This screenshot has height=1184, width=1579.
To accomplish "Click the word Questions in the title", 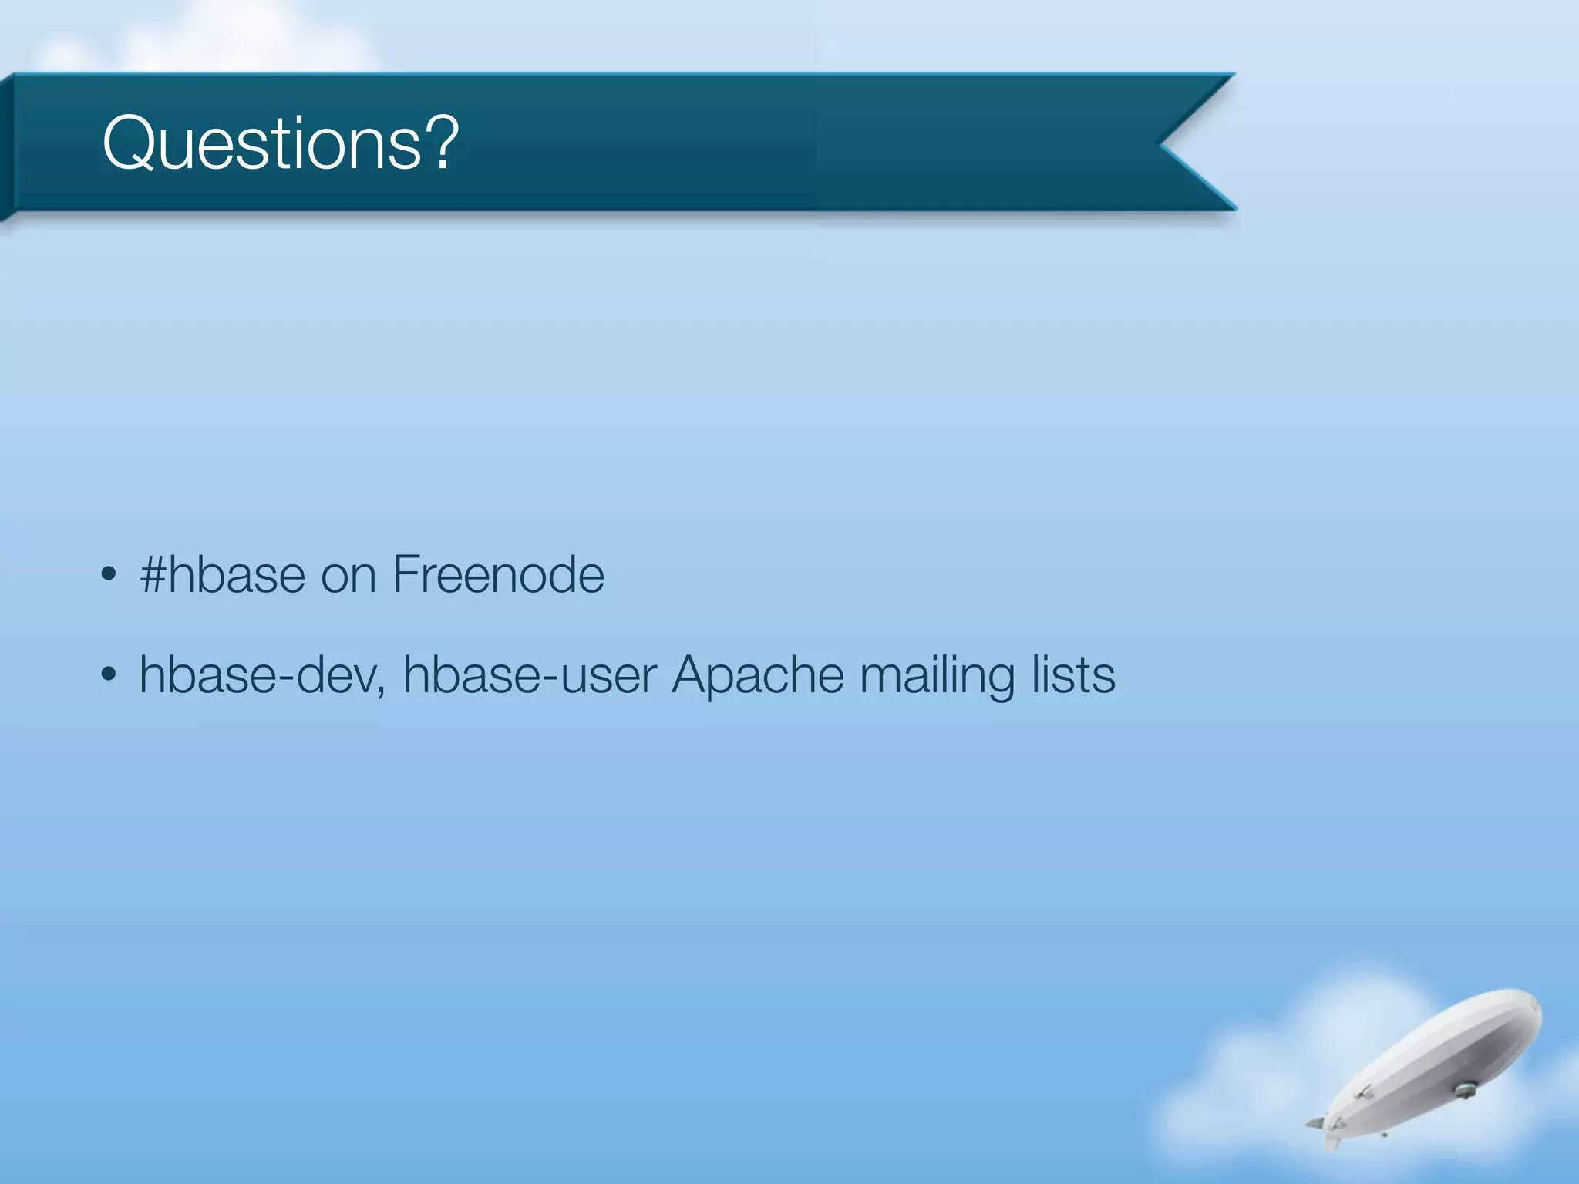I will click(x=262, y=143).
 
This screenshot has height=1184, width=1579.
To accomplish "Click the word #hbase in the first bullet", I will click(x=222, y=575).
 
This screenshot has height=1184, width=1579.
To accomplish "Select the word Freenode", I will click(x=498, y=575).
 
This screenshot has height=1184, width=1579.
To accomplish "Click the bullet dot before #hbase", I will click(x=109, y=575).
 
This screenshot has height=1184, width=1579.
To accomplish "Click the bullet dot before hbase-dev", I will click(x=109, y=675).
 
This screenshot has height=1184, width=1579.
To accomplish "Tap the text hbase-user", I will click(x=530, y=675).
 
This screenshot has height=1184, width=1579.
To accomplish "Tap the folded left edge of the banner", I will click(x=7, y=146).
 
